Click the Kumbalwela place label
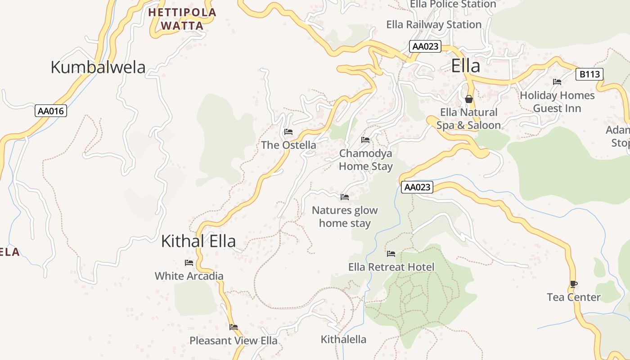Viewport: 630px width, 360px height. tap(98, 67)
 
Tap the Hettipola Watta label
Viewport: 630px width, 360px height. tap(182, 19)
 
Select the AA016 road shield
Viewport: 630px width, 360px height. tap(51, 111)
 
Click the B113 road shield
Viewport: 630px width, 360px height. tap(589, 74)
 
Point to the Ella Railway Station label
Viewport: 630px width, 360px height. tap(434, 25)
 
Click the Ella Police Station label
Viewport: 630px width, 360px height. tap(453, 4)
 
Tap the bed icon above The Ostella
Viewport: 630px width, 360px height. tap(288, 132)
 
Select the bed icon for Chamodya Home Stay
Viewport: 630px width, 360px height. tap(365, 140)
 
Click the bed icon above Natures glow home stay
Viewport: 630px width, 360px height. tap(345, 197)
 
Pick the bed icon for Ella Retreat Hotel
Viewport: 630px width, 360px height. tap(391, 254)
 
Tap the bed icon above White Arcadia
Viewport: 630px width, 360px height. tap(189, 263)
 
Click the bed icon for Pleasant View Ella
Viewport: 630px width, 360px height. tap(234, 327)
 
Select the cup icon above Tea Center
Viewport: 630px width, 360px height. tap(573, 284)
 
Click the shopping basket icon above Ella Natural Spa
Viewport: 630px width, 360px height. tap(469, 99)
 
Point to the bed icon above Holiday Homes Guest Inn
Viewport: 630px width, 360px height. tap(557, 82)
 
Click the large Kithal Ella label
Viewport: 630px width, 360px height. tap(198, 242)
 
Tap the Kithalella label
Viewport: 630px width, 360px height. tap(343, 339)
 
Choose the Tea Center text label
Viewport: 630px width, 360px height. tap(574, 297)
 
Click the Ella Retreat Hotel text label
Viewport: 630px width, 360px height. tap(391, 267)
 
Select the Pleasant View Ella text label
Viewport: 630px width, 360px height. tap(234, 341)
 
